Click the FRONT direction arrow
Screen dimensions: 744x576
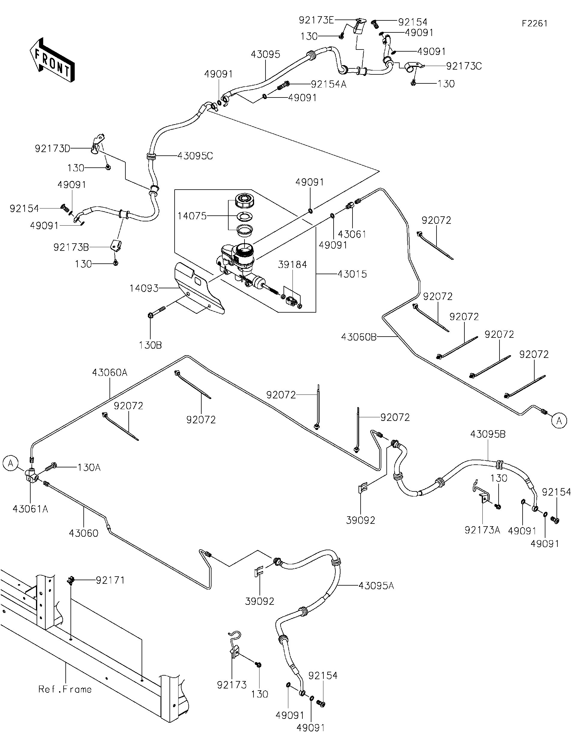click(52, 61)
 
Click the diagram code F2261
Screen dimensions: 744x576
click(534, 23)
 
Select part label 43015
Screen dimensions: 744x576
click(352, 274)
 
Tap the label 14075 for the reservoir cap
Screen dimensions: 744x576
click(192, 216)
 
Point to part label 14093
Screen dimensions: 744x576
click(144, 289)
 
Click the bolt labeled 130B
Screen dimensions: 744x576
click(151, 315)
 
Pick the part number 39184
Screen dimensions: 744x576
click(292, 264)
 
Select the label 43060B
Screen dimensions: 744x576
click(359, 337)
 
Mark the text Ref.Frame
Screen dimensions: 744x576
click(65, 689)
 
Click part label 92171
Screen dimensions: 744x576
click(110, 580)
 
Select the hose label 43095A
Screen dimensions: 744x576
click(376, 586)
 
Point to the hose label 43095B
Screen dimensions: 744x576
click(488, 434)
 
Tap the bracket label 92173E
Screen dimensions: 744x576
click(316, 20)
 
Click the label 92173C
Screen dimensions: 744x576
click(464, 66)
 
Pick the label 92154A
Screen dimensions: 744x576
click(328, 84)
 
